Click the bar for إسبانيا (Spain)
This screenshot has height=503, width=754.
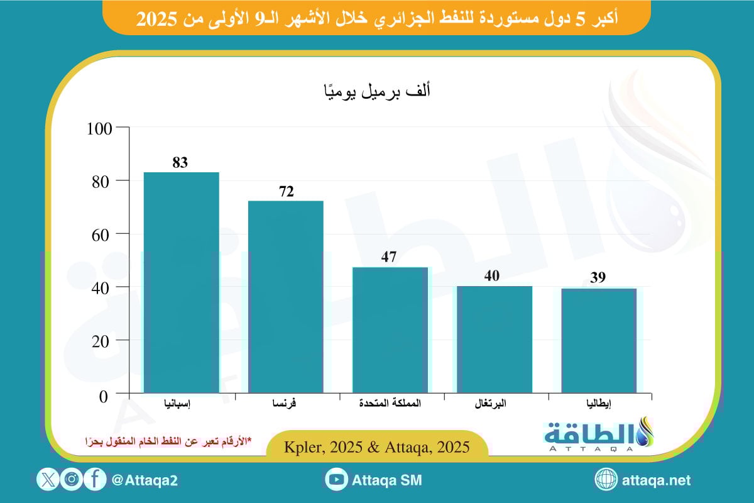[181, 283]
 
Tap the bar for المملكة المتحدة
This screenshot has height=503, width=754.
[390, 330]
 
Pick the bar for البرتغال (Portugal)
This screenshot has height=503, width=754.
[494, 340]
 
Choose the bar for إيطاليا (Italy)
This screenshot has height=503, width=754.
[599, 341]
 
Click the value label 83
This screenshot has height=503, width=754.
[180, 163]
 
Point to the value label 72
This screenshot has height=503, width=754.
[287, 192]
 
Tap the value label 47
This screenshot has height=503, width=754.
[390, 258]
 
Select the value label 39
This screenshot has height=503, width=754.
[598, 278]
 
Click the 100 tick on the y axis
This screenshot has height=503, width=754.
[99, 128]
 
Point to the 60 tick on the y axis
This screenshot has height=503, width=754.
[103, 234]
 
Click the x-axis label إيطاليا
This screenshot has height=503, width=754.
[599, 404]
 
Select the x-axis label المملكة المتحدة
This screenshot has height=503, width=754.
[390, 404]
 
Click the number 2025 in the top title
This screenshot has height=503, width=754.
[155, 19]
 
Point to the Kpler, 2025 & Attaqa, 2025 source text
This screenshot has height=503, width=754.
[376, 448]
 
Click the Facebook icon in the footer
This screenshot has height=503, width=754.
[95, 480]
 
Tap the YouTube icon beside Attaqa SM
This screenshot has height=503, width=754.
[337, 480]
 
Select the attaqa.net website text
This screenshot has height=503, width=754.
[657, 480]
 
